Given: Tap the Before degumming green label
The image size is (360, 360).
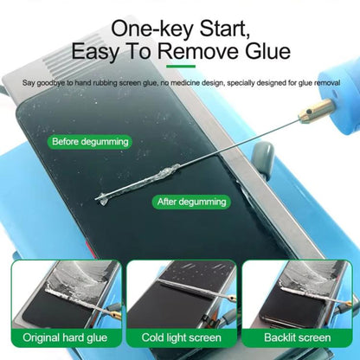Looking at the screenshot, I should [x=91, y=141].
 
